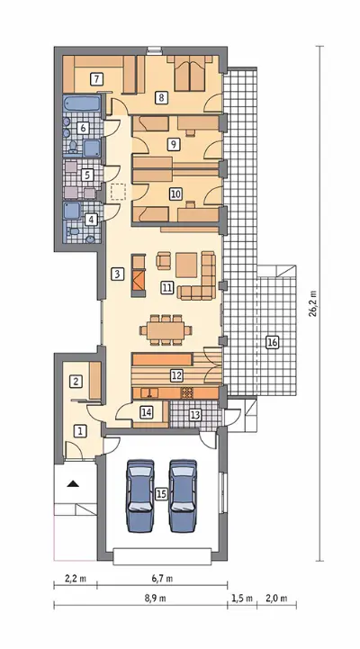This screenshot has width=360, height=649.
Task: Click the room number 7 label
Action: pos(96,78)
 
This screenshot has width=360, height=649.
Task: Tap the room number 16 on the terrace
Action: pos(272,342)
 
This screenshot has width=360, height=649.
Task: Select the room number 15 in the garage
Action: pos(161,493)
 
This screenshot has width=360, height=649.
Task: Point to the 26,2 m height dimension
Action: pos(314,303)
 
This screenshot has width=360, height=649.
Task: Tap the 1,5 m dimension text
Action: pos(242,598)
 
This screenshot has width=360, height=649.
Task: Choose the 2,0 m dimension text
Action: pos(277,598)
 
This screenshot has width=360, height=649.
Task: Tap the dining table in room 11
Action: pos(166,329)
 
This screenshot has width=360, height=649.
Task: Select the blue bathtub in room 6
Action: pos(82,103)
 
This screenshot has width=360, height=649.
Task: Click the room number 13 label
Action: pos(195,414)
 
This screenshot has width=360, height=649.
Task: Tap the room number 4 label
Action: pos(91,220)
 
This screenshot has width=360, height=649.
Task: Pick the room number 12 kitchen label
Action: pos(176,375)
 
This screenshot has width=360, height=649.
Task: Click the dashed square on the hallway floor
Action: pos(118,192)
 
